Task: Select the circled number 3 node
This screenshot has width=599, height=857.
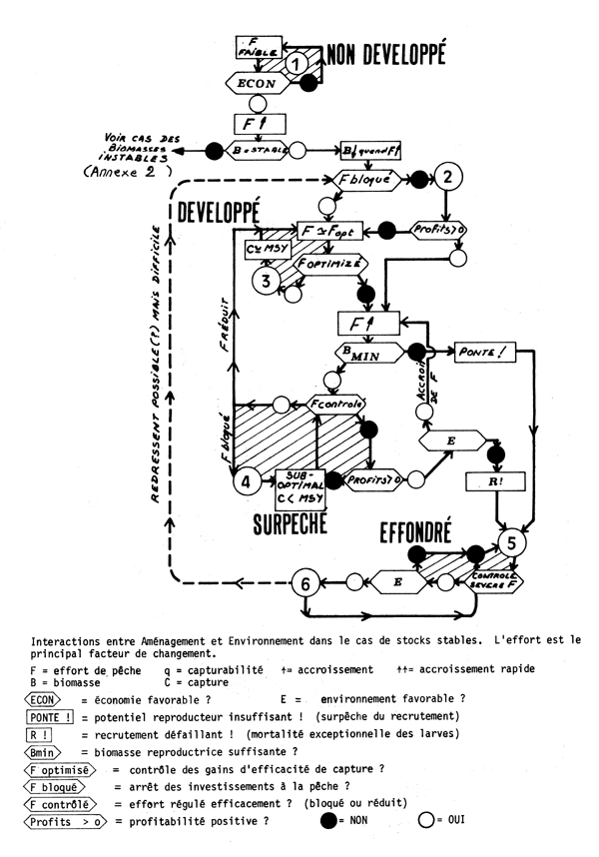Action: pos(266,280)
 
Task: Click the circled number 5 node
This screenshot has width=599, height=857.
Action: pos(511,544)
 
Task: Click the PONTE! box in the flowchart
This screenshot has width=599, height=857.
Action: pos(483,352)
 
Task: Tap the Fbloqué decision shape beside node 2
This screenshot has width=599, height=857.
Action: pos(369,180)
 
